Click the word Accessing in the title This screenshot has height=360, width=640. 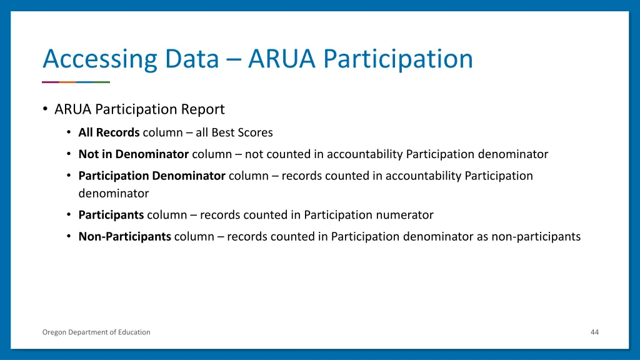99,59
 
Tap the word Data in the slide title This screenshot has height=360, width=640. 192,59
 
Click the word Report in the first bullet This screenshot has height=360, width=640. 202,109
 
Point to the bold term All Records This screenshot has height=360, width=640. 109,132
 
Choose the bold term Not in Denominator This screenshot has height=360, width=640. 133,154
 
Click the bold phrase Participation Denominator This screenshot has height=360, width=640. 151,176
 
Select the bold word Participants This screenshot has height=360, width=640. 111,215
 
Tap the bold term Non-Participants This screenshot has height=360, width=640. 124,237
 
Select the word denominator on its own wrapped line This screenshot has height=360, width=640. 113,194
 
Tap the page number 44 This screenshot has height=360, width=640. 594,332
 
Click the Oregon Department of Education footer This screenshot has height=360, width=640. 96,332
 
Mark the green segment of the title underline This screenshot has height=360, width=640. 101,82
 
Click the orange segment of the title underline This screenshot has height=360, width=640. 67,82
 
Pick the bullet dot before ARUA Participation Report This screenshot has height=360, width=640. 45,109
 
